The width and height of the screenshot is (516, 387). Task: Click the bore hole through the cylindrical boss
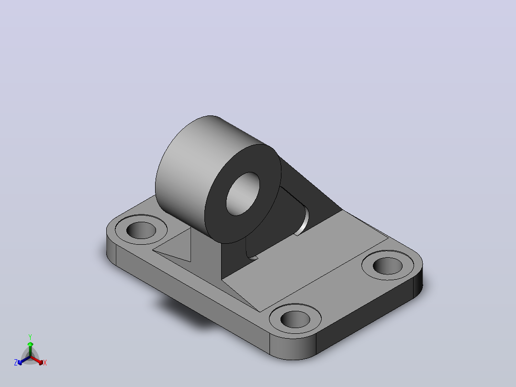pyautogui.click(x=243, y=193)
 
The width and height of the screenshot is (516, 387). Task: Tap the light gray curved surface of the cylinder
pyautogui.click(x=191, y=168)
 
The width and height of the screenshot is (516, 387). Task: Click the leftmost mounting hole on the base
pyautogui.click(x=141, y=230)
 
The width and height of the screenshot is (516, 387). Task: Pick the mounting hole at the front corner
pyautogui.click(x=295, y=319)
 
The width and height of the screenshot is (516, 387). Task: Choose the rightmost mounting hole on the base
pyautogui.click(x=387, y=266)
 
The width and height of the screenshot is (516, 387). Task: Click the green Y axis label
pyautogui.click(x=30, y=337)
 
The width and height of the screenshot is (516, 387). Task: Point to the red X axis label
pyautogui.click(x=45, y=363)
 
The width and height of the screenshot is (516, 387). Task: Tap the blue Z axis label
pyautogui.click(x=16, y=363)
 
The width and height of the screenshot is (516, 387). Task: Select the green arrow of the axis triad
pyautogui.click(x=30, y=349)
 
